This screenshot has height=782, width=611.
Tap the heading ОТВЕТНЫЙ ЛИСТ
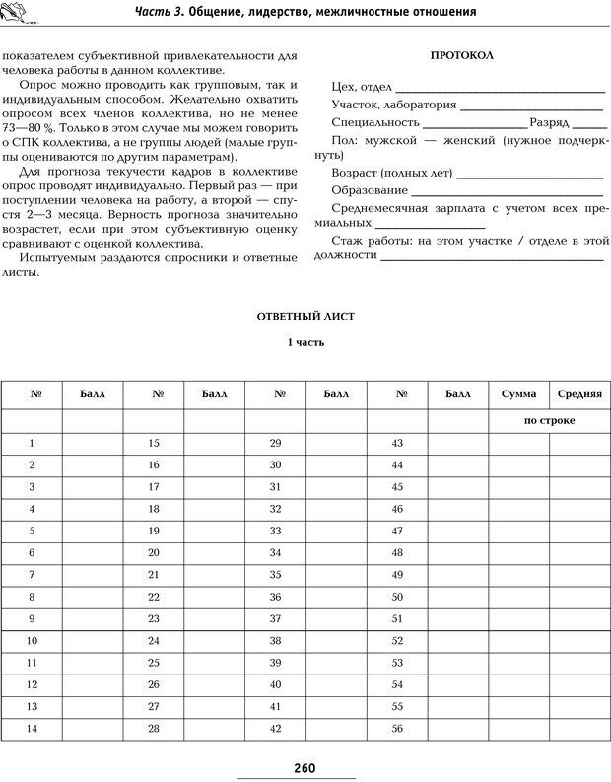(x=305, y=317)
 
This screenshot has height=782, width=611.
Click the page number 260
(x=305, y=768)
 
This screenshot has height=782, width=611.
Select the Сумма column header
(x=518, y=394)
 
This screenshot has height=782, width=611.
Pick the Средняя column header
(x=579, y=394)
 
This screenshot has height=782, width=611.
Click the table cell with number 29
(x=275, y=444)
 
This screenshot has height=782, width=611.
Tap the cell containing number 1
(x=32, y=444)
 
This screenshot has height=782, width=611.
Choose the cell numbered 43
(x=398, y=444)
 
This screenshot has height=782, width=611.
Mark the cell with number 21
(x=154, y=574)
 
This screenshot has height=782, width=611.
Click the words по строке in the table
(x=550, y=420)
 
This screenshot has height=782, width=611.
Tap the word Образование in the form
(x=370, y=189)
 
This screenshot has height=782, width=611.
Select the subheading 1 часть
(x=305, y=343)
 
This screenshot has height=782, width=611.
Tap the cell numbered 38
(x=275, y=641)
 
